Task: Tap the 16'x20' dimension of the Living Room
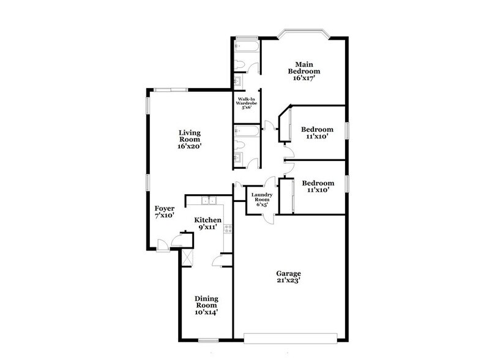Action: coord(190,146)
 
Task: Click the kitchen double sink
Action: coord(210,200)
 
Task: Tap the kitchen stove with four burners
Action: coord(228,230)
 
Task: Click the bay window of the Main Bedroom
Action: coord(304,34)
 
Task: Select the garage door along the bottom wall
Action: coord(291,336)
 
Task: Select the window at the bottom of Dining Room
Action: coord(209,339)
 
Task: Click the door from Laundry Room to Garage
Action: coord(262,220)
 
